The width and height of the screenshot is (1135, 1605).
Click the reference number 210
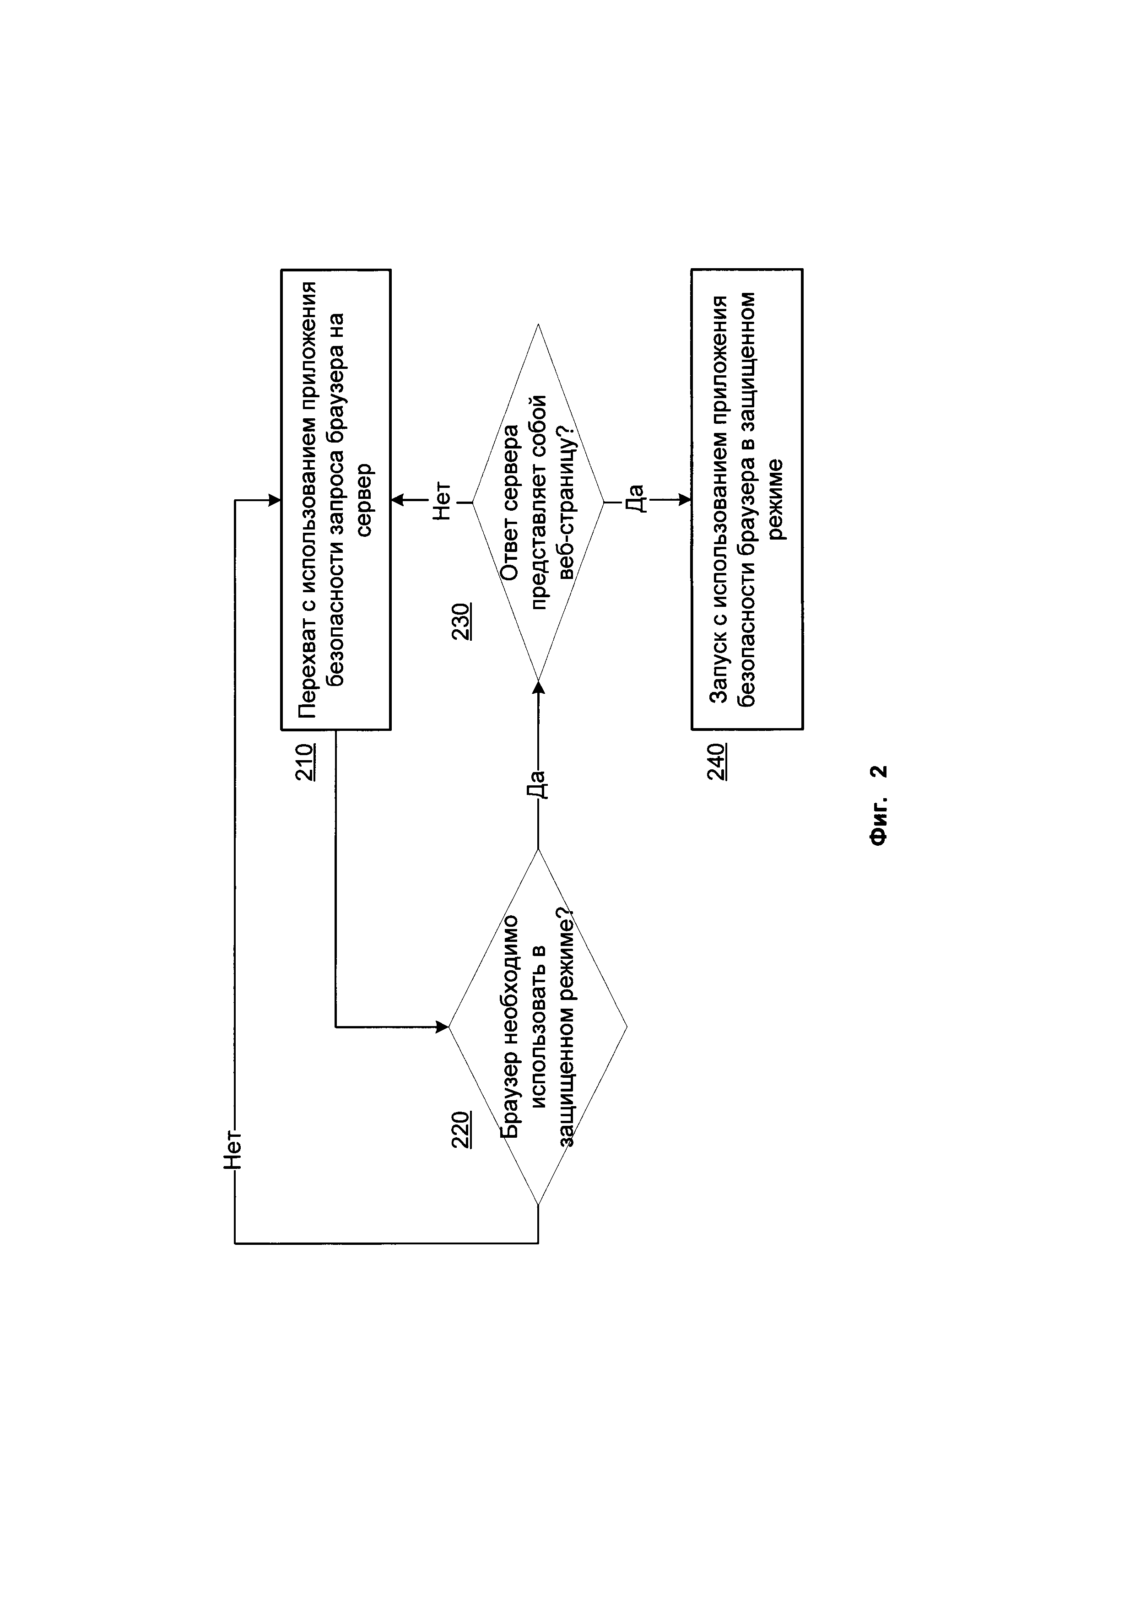[305, 762]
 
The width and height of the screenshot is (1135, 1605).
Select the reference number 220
[461, 1129]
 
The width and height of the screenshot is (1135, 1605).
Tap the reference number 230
[461, 621]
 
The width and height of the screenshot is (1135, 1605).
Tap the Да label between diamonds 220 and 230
[537, 783]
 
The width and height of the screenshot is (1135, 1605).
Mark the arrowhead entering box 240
[685, 500]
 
